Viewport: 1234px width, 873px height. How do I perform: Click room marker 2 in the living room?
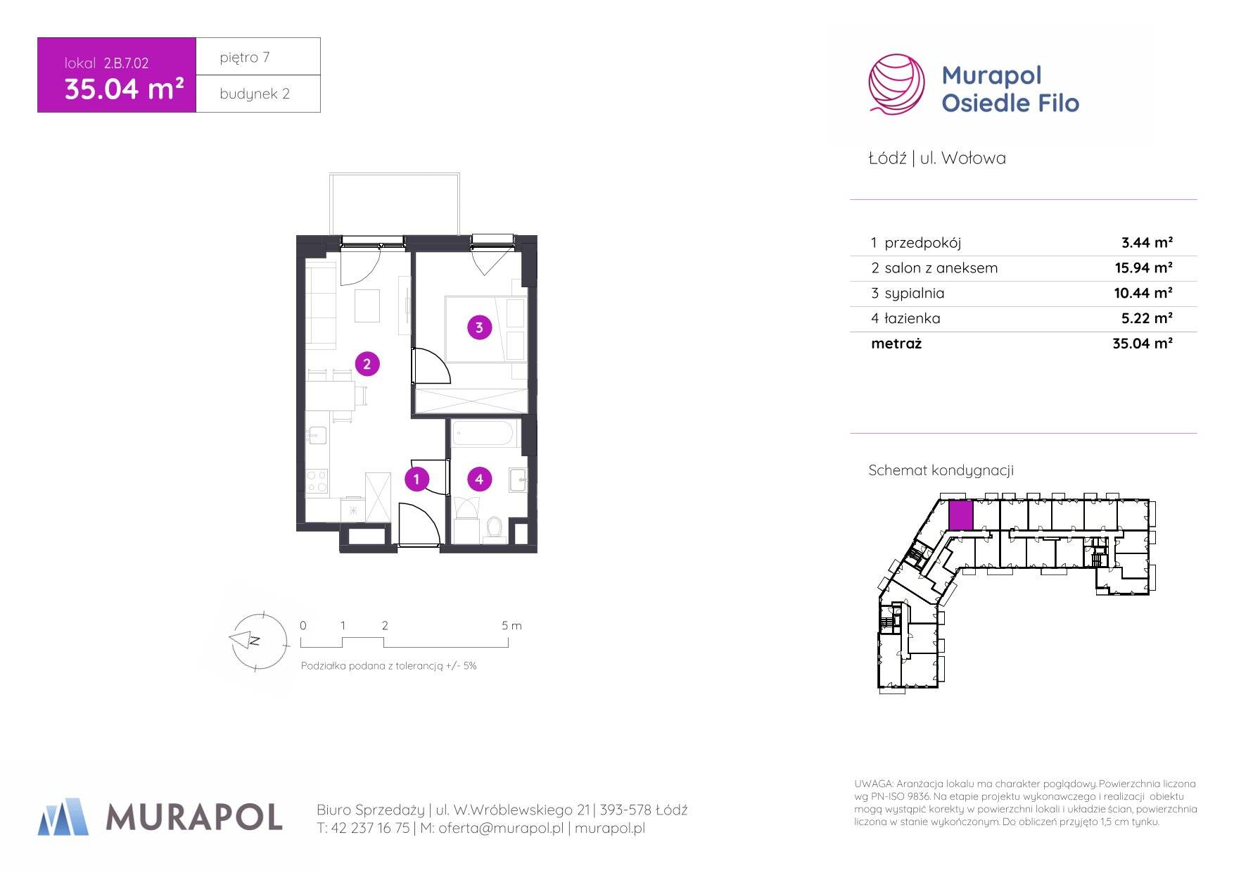367,364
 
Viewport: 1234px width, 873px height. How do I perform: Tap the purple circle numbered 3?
479,327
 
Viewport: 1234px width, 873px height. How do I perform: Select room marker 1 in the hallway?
416,479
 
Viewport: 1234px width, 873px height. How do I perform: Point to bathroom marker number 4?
479,479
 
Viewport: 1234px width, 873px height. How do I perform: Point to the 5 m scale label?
511,625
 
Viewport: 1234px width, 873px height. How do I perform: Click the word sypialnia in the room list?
914,294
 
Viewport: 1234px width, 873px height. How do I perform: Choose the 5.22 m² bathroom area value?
1146,318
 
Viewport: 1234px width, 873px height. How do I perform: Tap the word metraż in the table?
896,344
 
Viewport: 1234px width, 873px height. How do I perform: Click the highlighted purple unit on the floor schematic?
960,515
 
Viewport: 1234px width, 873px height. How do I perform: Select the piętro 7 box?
258,56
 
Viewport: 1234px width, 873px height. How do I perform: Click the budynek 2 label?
255,94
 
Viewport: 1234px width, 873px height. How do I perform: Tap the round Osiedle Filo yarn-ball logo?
896,84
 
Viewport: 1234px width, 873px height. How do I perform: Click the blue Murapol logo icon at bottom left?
63,817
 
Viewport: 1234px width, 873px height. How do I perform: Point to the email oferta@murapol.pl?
500,829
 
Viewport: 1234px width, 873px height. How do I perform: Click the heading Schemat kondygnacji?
941,470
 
